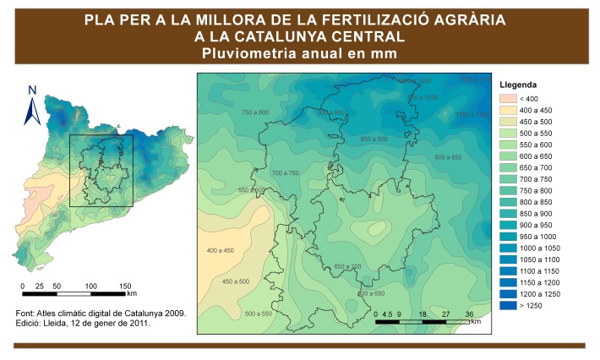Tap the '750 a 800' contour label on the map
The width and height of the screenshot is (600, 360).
pos(255,112)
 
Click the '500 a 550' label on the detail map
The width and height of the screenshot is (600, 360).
pos(257,314)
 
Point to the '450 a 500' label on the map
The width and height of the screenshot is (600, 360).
pos(235,281)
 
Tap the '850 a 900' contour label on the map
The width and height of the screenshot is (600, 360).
pos(374,139)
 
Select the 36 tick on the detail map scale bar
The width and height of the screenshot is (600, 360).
pos(468,314)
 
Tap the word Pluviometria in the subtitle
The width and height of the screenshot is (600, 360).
pos(245,53)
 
